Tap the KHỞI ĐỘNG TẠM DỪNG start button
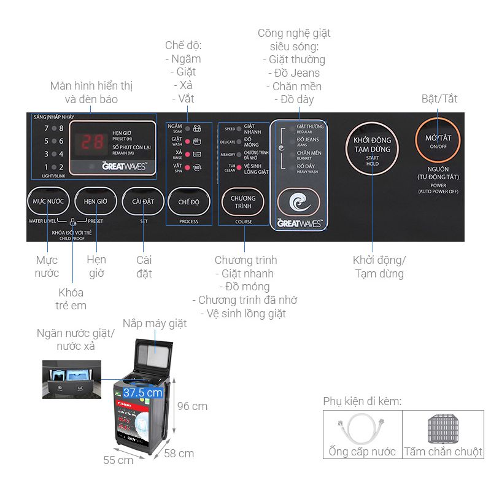pyautogui.click(x=372, y=148)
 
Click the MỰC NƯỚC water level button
pyautogui.click(x=47, y=201)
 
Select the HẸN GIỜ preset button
pyautogui.click(x=95, y=201)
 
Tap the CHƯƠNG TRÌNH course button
pyautogui.click(x=243, y=202)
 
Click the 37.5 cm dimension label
pyautogui.click(x=142, y=392)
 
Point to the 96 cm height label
pyautogui.click(x=192, y=406)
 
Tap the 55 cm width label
pyautogui.click(x=118, y=460)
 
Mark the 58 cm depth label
pyautogui.click(x=179, y=454)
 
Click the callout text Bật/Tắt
pyautogui.click(x=439, y=99)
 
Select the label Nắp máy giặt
pyautogui.click(x=154, y=323)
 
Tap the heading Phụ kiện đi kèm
pyautogui.click(x=362, y=401)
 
